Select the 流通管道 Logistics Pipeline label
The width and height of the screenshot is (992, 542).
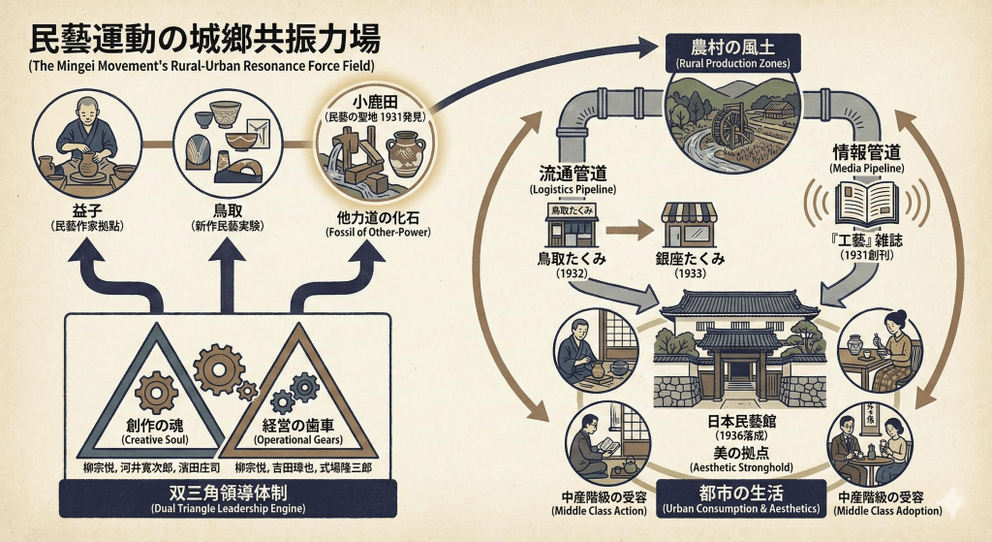tap(573, 175)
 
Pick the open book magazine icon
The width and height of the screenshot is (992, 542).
tap(866, 204)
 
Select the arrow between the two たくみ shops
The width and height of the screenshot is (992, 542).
tap(630, 231)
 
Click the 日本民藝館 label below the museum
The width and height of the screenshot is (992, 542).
tap(732, 425)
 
